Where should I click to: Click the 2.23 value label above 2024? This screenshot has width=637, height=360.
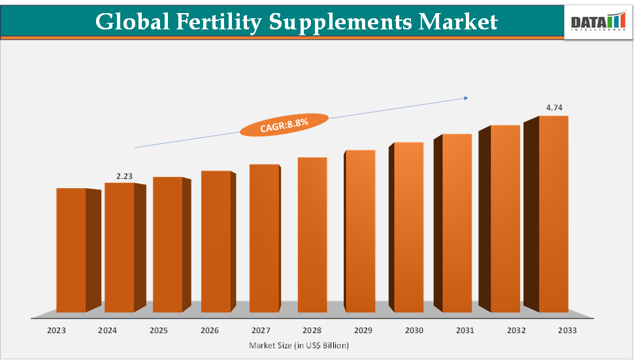coord(124,176)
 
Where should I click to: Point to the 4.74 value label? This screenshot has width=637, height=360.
coord(554,107)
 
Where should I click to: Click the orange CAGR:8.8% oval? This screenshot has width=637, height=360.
coord(284,124)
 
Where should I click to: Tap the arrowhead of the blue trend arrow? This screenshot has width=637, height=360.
coord(466,98)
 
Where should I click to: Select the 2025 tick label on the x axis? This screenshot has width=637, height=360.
coord(159,331)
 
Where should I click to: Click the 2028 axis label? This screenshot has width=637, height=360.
coord(312,331)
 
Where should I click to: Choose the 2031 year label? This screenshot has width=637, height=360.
coord(465,331)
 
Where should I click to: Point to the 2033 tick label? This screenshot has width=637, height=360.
coord(567,331)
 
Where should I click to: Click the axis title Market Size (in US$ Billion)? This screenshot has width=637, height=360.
coord(299,344)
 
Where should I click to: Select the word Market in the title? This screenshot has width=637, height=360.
coord(458,22)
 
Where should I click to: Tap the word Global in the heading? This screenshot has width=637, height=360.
coord(130,22)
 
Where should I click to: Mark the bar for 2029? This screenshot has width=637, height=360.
coord(361,231)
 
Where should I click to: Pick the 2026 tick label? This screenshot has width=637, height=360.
coord(210,331)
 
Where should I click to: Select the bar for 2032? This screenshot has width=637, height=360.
coord(505,219)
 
